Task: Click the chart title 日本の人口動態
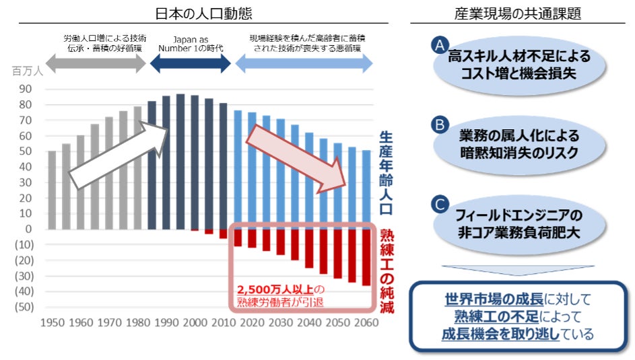pyautogui.click(x=194, y=13)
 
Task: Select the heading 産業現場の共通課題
pyautogui.click(x=518, y=13)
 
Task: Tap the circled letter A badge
pyautogui.click(x=440, y=45)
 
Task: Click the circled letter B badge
pyautogui.click(x=440, y=124)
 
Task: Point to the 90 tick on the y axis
pyautogui.click(x=26, y=89)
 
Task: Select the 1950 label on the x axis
pyautogui.click(x=53, y=322)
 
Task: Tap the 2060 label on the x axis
pyautogui.click(x=366, y=322)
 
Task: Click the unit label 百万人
pyautogui.click(x=27, y=71)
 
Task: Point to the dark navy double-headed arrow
pyautogui.click(x=189, y=64)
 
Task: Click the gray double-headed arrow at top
pyautogui.click(x=96, y=64)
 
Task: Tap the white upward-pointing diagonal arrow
pyautogui.click(x=121, y=154)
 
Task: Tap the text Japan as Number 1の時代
pyautogui.click(x=189, y=44)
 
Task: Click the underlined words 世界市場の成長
pyautogui.click(x=493, y=299)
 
